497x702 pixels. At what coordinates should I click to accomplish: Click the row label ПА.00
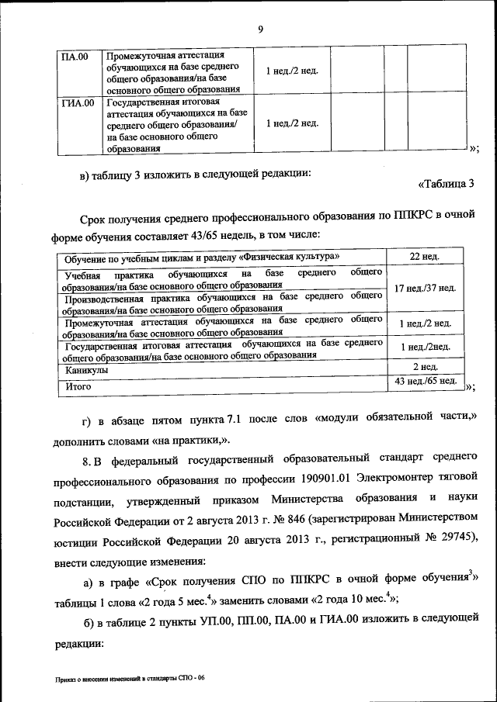tap(75, 57)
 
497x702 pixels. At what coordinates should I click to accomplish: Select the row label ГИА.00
tap(78, 102)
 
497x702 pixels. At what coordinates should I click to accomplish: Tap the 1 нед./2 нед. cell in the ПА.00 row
tap(291, 71)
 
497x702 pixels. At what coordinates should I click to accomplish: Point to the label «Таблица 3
tap(446, 184)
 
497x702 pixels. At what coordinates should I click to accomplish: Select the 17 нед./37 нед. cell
tap(425, 288)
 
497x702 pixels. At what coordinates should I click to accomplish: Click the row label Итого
tap(78, 384)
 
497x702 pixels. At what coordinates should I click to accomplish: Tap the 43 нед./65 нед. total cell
tap(425, 381)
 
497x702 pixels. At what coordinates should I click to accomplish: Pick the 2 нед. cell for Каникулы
tap(425, 367)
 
